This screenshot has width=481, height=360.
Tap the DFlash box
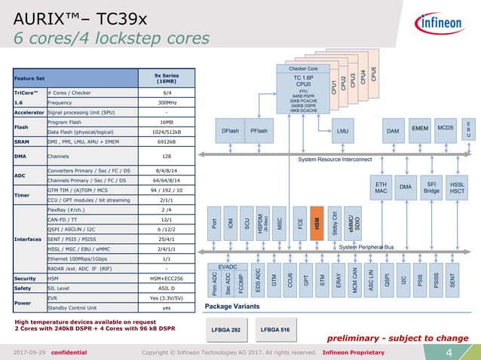(231, 130)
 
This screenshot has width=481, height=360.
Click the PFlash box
(259, 130)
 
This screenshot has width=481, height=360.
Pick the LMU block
(343, 130)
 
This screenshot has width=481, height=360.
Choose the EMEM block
(420, 129)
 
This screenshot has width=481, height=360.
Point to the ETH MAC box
(381, 187)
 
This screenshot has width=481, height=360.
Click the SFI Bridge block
(432, 187)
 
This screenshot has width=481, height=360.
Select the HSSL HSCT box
(458, 187)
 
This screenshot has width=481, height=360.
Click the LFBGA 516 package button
(274, 329)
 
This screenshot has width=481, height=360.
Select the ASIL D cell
(167, 287)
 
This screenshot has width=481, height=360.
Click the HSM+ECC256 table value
(167, 277)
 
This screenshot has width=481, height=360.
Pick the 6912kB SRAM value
(167, 142)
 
